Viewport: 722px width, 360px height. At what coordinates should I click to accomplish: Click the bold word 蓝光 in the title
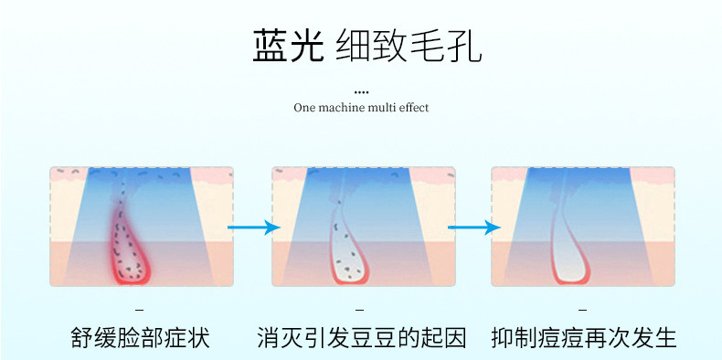point(288,46)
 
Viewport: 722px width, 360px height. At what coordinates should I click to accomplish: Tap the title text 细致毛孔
point(409,46)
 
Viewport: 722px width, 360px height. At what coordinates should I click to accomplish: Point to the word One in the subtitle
point(303,108)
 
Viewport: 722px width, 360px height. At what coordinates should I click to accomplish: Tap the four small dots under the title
point(362,92)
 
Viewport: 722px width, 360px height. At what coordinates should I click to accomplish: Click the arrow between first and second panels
point(254,227)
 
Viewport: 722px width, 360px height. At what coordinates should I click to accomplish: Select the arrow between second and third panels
point(474,227)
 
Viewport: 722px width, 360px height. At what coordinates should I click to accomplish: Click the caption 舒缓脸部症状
point(141,337)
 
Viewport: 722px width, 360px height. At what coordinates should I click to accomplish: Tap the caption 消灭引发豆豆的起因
point(362,337)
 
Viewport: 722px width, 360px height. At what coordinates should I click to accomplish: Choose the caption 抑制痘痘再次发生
point(583,337)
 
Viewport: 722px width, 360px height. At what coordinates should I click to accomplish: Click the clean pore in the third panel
point(569,249)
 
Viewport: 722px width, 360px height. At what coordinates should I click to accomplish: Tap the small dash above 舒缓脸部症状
point(140,310)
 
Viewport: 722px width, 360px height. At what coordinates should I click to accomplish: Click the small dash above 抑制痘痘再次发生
point(582,310)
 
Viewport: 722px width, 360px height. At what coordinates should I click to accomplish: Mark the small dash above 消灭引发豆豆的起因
point(360,310)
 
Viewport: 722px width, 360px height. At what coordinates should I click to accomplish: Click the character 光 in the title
point(306,46)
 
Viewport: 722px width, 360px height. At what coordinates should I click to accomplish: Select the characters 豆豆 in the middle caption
point(373,337)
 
